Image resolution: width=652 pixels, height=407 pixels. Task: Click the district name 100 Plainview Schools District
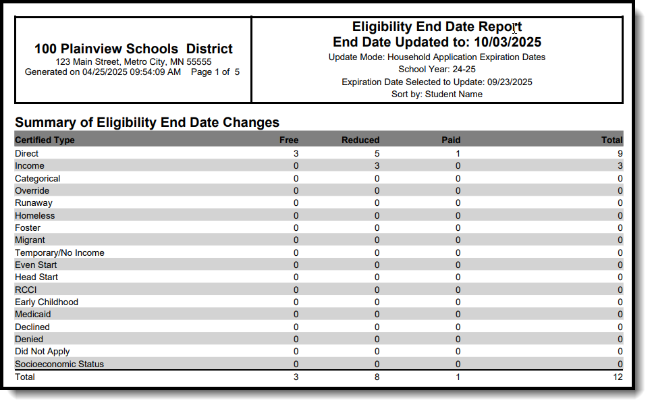coord(134,49)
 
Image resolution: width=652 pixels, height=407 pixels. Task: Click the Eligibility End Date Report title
coord(437,27)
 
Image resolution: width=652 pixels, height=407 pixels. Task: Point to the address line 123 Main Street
coord(133,61)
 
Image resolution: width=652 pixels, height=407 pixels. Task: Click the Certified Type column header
coord(45,140)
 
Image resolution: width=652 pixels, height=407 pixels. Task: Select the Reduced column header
coord(360,140)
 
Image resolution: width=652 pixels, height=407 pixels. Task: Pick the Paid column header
coord(451,140)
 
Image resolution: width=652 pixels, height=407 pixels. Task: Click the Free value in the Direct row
coord(296,153)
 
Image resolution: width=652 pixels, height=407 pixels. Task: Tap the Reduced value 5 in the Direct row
coord(377,153)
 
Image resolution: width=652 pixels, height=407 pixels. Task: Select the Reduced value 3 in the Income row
coord(377,166)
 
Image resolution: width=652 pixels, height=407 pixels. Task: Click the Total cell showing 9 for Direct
coord(620,153)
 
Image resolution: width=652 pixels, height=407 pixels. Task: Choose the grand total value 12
coord(618,377)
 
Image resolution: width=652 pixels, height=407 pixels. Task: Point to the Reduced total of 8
coord(377,377)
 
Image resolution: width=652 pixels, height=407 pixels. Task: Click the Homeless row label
coord(35,215)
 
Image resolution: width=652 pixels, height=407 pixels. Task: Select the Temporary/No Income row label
coord(59,252)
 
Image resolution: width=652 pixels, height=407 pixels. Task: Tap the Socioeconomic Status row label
coord(59,364)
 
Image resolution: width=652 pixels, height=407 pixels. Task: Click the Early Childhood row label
coord(47,302)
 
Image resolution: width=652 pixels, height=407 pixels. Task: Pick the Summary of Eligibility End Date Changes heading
coord(147,122)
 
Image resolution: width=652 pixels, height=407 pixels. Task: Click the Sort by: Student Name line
coord(437,94)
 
